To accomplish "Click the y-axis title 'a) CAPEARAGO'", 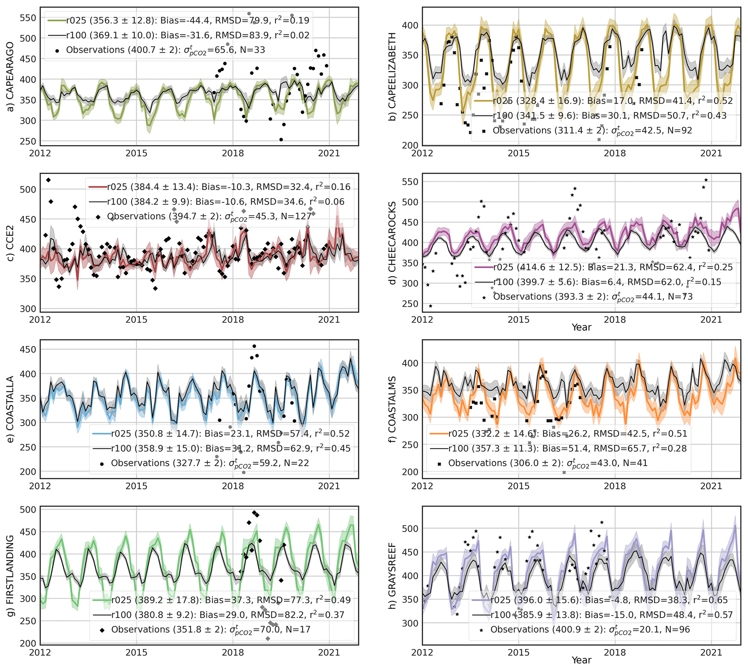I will [10, 76].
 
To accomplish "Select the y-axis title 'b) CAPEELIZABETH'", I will [393, 76].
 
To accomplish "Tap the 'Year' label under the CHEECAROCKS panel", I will [581, 327].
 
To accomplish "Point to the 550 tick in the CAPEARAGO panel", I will [28, 18].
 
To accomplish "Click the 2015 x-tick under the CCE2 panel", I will [136, 319].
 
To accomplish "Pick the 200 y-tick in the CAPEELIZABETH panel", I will [410, 145].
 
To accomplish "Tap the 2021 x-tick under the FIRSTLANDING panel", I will [329, 652].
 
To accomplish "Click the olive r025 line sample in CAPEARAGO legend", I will [57, 20].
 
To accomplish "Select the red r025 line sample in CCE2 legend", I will [98, 187].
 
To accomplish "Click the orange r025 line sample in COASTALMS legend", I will [439, 434].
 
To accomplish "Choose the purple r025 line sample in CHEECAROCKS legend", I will [483, 267].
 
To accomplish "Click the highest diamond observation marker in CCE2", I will [48, 180].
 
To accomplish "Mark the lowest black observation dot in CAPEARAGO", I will [281, 140].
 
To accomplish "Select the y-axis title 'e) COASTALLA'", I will [10, 409].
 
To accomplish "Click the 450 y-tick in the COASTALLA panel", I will [28, 349].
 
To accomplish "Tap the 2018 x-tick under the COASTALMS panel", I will [615, 486].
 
